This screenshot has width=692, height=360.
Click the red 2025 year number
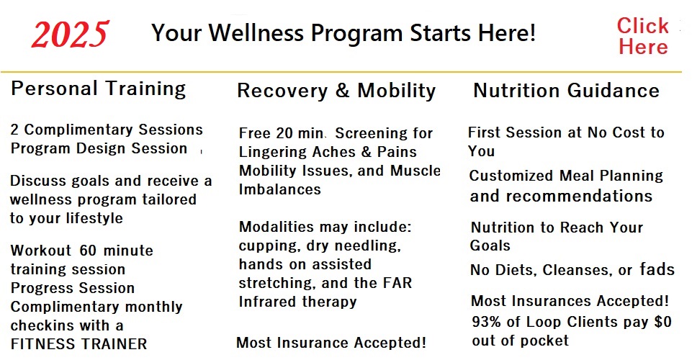70,34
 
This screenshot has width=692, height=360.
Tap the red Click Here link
643,36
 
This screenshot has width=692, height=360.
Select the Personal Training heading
99,89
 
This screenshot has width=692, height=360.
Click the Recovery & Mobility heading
336,91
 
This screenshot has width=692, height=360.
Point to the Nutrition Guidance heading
566,91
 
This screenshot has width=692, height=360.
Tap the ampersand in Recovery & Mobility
343,91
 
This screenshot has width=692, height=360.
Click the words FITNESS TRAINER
78,344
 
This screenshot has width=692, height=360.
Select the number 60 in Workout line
88,251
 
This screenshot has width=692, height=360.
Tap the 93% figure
486,322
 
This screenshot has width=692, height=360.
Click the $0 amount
662,322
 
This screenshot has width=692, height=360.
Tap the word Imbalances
280,189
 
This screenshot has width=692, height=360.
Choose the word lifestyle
94,218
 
